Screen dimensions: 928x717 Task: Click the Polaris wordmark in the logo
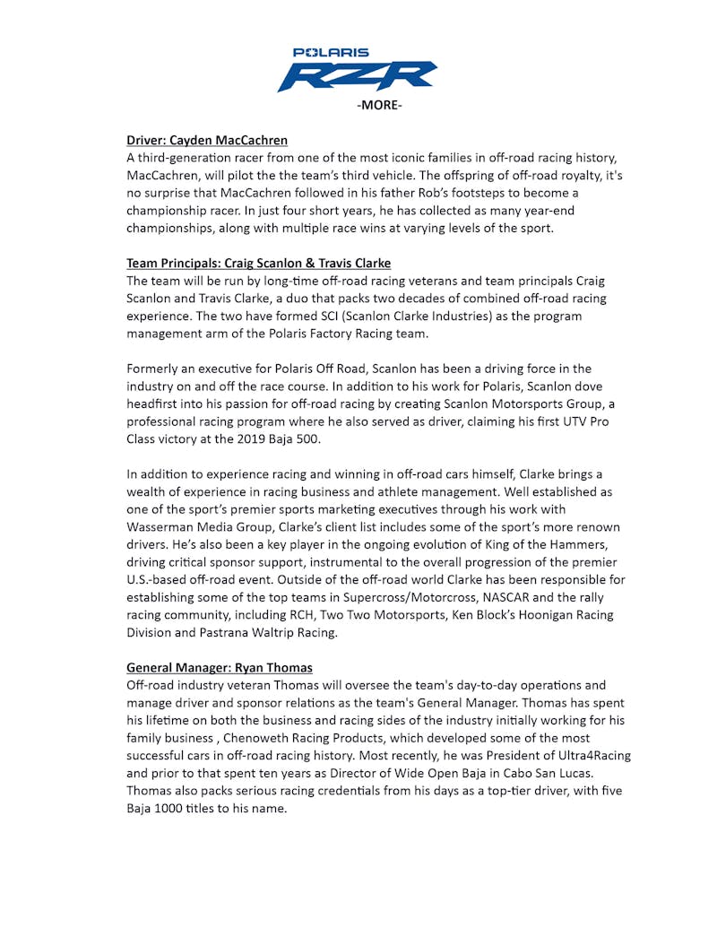click(x=331, y=53)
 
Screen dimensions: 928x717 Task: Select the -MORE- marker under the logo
click(x=380, y=106)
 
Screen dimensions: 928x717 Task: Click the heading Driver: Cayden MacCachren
click(x=207, y=140)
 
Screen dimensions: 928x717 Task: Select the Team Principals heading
click(x=258, y=264)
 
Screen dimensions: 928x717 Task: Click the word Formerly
click(x=157, y=369)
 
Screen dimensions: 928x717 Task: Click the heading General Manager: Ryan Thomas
click(x=219, y=668)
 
